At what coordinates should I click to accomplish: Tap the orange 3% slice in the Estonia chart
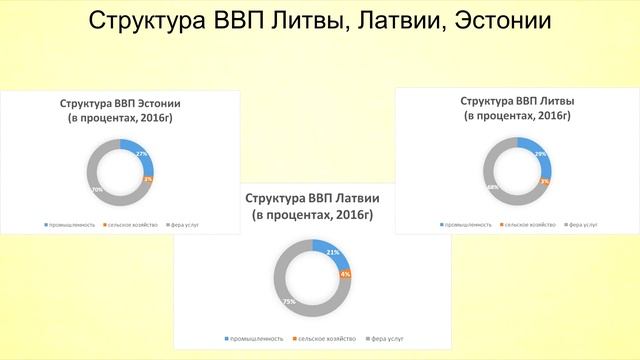click(x=149, y=179)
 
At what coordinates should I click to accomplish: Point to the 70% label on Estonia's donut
click(x=97, y=189)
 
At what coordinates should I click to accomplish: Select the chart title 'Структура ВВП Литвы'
click(x=517, y=102)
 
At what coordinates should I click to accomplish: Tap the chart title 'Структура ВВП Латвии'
click(x=313, y=197)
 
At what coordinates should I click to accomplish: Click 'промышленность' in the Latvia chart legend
click(x=260, y=337)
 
